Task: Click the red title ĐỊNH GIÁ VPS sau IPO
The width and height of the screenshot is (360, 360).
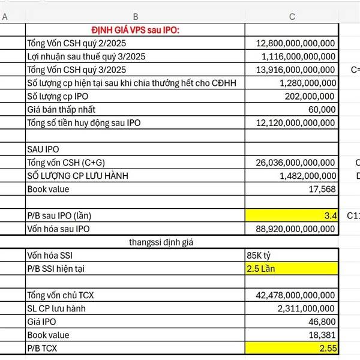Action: pos(136,31)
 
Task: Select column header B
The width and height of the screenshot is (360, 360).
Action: pos(136,17)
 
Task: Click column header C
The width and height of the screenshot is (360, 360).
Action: pos(292,17)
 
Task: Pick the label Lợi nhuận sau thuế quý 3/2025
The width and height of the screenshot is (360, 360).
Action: pos(86,57)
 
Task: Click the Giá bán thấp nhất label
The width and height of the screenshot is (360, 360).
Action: pos(61,110)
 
